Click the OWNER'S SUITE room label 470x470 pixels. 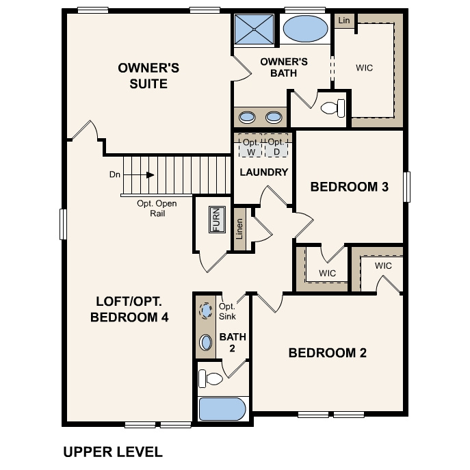148,75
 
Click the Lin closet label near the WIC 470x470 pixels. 344,21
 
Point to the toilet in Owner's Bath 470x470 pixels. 333,107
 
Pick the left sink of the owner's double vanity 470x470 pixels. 248,117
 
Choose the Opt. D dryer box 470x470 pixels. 276,146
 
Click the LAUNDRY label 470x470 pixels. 263,172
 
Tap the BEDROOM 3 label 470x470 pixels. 345,187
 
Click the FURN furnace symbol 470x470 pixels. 216,220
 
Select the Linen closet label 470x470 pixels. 239,229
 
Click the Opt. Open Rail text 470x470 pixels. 157,208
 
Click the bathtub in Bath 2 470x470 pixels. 221,409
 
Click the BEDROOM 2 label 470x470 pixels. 327,353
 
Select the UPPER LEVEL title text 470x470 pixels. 113,452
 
